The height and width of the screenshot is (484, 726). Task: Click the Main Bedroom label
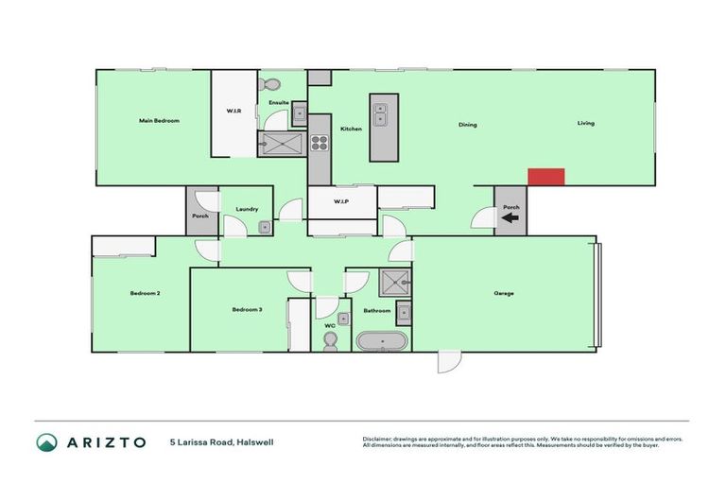point(159,121)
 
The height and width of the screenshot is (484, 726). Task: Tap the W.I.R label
point(233,112)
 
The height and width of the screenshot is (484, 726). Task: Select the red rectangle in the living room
point(545,177)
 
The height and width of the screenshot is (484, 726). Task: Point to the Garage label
point(504,293)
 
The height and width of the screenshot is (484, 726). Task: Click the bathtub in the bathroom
point(382,341)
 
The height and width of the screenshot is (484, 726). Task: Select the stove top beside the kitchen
point(320,145)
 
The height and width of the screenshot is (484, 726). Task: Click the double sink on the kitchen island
point(382,114)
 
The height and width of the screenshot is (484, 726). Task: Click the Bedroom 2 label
point(145,294)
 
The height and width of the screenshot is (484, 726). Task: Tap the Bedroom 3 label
point(247,310)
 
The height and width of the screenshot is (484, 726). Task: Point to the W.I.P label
point(341,201)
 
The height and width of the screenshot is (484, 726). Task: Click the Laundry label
point(248,209)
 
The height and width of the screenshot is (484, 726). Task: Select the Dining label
point(467,125)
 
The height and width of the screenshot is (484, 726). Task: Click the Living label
point(587,124)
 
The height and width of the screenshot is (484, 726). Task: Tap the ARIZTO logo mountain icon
point(45,442)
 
